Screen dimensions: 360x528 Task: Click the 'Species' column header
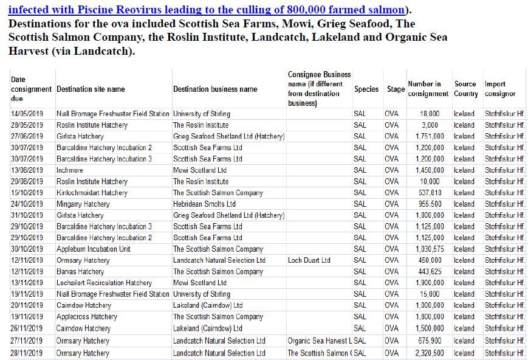pos(366,89)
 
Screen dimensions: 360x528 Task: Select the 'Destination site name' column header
pos(91,89)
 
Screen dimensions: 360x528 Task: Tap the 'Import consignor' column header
pos(500,89)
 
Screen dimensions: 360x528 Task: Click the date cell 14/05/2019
pos(27,114)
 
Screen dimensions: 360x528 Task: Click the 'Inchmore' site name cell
pos(70,170)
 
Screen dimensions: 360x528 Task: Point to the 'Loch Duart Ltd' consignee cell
pos(309,260)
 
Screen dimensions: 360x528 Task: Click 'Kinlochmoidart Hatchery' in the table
pos(92,193)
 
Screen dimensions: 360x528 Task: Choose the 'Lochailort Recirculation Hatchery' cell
pos(104,283)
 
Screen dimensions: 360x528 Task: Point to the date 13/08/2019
pos(27,170)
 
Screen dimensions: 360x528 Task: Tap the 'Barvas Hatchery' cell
pos(80,272)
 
